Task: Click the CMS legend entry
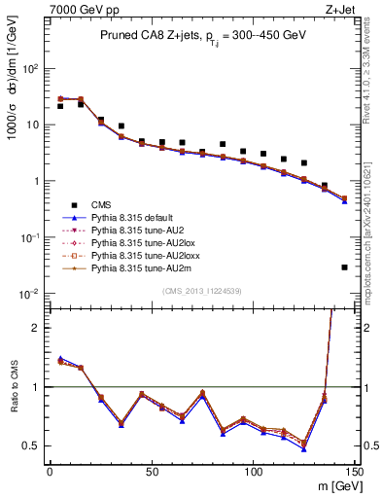pos(101,204)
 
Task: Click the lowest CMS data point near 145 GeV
pos(344,267)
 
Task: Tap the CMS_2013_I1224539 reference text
pos(200,291)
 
